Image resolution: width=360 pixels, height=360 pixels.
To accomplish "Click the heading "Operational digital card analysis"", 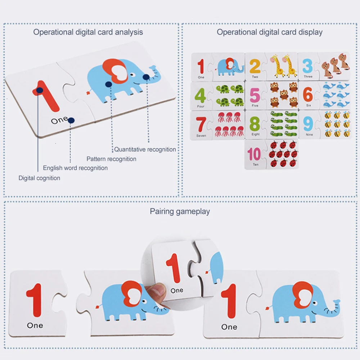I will coord(88,32).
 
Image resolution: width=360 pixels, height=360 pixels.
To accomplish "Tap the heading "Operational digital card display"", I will coord(270,32).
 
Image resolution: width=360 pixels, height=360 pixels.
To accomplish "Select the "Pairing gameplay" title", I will coord(180,211).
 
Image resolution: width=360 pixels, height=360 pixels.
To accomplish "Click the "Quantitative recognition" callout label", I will coord(145,149).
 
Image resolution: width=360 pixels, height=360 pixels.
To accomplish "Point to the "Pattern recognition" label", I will coord(111,159).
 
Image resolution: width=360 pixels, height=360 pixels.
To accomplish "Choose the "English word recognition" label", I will coord(75,168).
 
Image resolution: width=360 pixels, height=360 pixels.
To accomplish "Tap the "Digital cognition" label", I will coord(39,178).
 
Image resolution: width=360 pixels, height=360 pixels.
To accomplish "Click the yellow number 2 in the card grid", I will coord(255,67).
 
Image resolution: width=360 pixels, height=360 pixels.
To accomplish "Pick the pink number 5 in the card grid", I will coord(255,96).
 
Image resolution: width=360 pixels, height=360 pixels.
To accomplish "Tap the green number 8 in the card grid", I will coord(255,124).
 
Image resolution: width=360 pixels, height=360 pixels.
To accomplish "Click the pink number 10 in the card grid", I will coord(254,154).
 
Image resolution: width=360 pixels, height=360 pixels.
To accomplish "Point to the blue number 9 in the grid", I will coord(309,124).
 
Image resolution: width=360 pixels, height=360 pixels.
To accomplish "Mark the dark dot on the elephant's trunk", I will coord(146,77).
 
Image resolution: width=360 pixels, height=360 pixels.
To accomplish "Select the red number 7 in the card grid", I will coord(201,125).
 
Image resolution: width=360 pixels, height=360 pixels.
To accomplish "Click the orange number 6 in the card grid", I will coord(308,95).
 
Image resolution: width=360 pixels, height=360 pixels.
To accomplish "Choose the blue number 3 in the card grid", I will coord(307,67).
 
